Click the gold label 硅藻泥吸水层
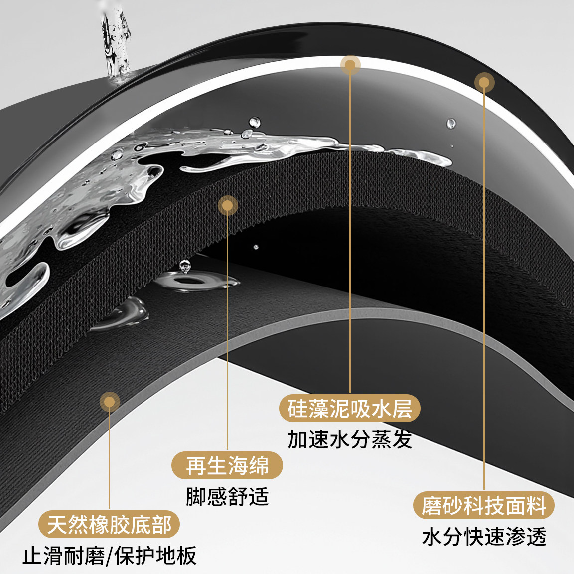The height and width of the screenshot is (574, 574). (x=350, y=408)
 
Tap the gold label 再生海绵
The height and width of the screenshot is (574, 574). (x=227, y=465)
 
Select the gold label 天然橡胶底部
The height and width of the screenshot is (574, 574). (x=109, y=524)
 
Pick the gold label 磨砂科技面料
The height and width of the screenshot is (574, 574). (x=484, y=505)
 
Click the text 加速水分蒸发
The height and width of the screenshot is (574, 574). (x=350, y=439)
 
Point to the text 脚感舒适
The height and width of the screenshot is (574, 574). (x=227, y=497)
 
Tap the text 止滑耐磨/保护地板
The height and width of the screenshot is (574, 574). (x=110, y=556)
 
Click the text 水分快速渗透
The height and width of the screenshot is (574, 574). (x=484, y=537)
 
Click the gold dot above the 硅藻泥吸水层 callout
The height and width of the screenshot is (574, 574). (x=350, y=65)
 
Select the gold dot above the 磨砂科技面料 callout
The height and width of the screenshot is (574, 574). (x=484, y=82)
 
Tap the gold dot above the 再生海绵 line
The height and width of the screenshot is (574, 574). (x=227, y=205)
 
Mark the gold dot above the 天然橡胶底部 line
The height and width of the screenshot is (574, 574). (x=110, y=402)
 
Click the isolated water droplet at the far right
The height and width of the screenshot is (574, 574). (x=451, y=124)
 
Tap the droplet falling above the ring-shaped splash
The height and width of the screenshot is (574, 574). (x=185, y=266)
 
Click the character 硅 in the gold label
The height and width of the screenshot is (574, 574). (x=297, y=408)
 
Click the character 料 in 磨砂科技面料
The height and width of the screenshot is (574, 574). (x=536, y=506)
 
